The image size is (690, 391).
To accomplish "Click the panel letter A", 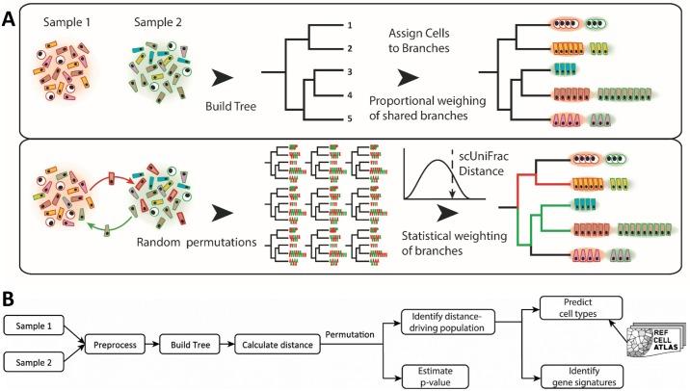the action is pyautogui.click(x=9, y=19).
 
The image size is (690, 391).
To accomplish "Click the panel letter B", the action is pyautogui.click(x=9, y=299).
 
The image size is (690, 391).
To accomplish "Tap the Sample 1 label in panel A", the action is pyautogui.click(x=66, y=22).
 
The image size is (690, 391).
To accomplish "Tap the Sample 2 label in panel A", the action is pyautogui.click(x=157, y=22).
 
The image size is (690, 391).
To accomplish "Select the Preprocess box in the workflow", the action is pyautogui.click(x=115, y=345).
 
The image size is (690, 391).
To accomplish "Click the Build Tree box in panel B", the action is pyautogui.click(x=191, y=345).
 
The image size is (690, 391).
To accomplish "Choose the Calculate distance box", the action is pyautogui.click(x=278, y=345).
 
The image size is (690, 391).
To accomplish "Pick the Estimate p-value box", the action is pyautogui.click(x=436, y=377).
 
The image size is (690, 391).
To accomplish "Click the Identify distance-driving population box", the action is pyautogui.click(x=448, y=322).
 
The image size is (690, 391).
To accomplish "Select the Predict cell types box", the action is pyautogui.click(x=581, y=308).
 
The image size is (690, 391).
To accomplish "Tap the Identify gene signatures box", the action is pyautogui.click(x=582, y=377).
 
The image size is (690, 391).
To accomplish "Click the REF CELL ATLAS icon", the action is pyautogui.click(x=657, y=340).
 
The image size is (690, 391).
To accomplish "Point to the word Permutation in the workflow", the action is pyautogui.click(x=350, y=335).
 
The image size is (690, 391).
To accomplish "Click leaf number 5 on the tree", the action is pyautogui.click(x=350, y=118).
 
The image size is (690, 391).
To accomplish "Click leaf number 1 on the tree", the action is pyautogui.click(x=350, y=25).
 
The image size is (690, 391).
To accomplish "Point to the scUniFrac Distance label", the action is pyautogui.click(x=484, y=164).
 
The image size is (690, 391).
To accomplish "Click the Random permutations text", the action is pyautogui.click(x=197, y=243).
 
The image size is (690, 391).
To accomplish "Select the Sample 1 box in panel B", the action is pyautogui.click(x=34, y=326).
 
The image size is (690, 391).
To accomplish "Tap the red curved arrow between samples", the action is pyautogui.click(x=112, y=176).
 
